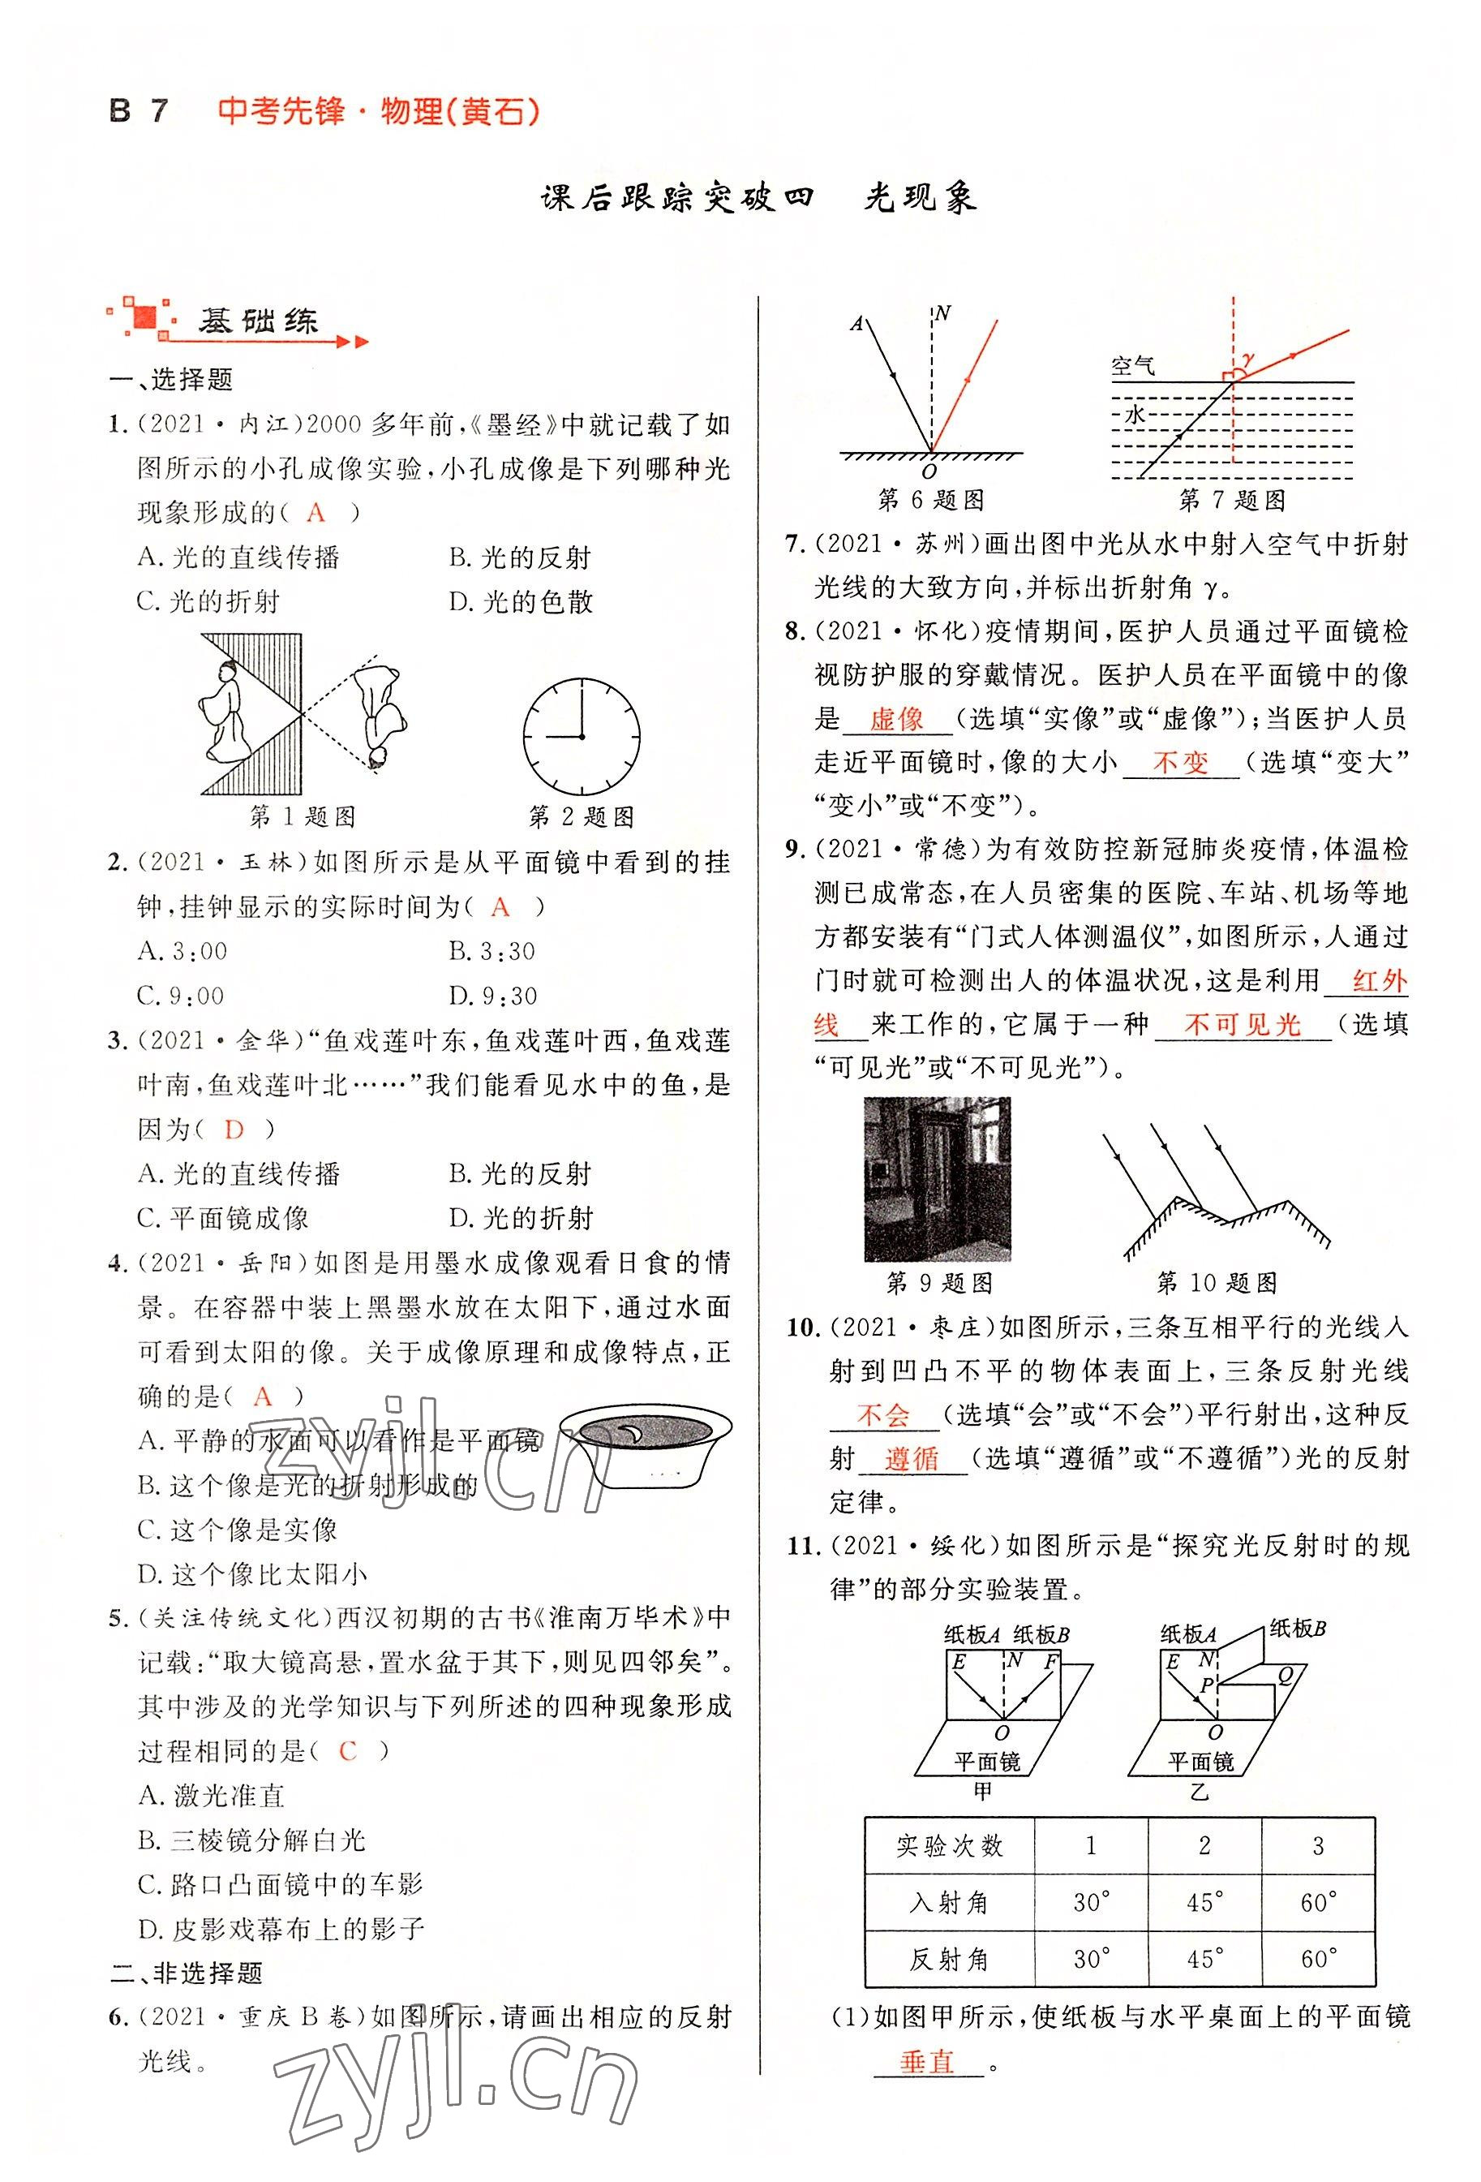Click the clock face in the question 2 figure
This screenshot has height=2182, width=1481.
(581, 737)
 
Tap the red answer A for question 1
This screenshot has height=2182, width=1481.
(316, 513)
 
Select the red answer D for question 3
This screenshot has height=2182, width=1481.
(234, 1130)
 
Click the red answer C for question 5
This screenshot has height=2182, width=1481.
(347, 1751)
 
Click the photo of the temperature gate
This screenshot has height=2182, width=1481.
(936, 1178)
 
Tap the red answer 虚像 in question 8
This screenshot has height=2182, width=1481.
(896, 720)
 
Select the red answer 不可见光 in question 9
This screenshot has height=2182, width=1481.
(1242, 1024)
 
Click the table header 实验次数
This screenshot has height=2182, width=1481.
(949, 1847)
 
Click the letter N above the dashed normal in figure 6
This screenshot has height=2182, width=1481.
(943, 313)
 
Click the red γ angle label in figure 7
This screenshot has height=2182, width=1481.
(1248, 358)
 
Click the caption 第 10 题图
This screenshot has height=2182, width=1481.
(1217, 1283)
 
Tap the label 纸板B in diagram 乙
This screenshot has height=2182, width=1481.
(1297, 1628)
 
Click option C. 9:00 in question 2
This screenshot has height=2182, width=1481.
(180, 995)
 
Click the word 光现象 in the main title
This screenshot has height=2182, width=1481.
(920, 198)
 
